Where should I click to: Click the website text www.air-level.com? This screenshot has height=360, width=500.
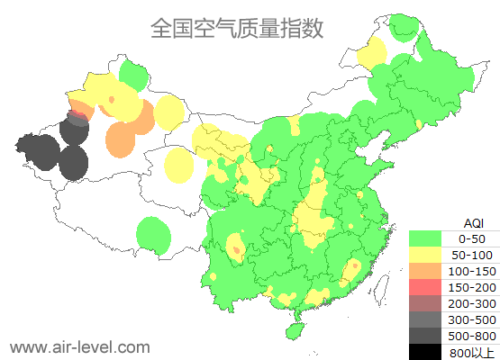pyautogui.click(x=79, y=346)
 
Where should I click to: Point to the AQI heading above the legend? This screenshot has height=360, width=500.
pyautogui.click(x=473, y=222)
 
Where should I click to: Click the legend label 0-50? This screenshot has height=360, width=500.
pyautogui.click(x=471, y=238)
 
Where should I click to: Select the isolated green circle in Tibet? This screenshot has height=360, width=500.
pyautogui.click(x=154, y=237)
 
